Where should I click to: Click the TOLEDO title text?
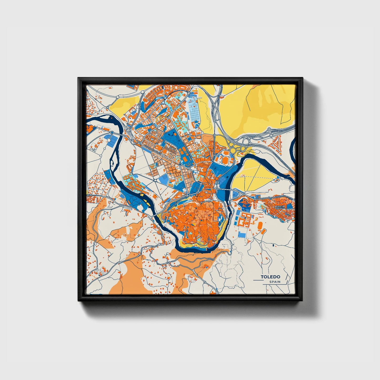point(270,277)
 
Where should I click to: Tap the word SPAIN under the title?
point(275,282)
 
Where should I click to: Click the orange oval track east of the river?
point(260,225)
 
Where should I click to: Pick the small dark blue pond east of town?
point(273,245)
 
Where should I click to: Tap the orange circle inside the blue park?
point(225,160)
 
